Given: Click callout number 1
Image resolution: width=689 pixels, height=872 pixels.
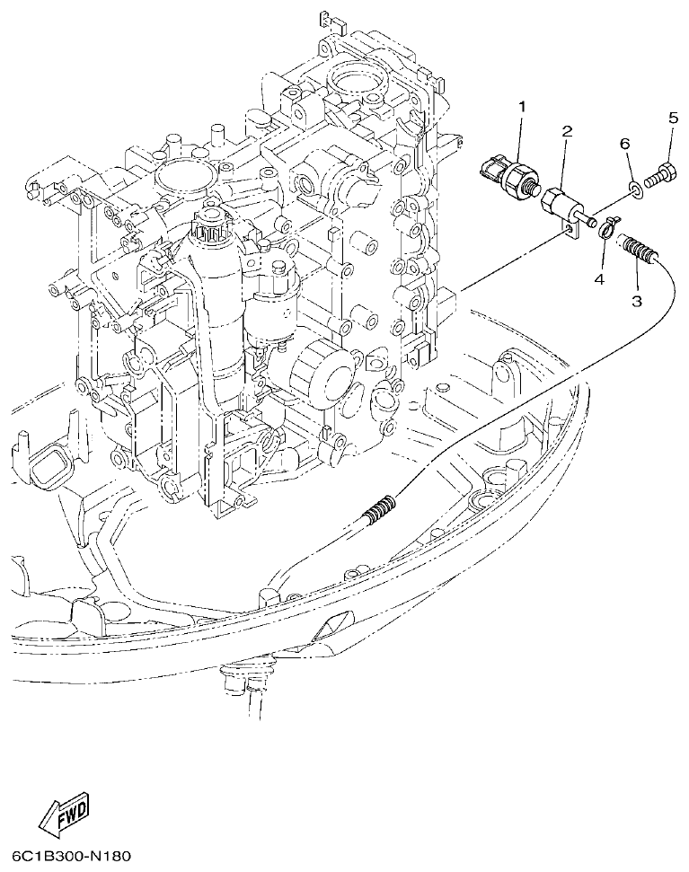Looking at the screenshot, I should click(520, 109).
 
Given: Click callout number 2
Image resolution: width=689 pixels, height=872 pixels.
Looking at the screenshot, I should click(567, 132).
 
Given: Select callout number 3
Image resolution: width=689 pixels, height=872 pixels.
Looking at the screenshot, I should click(636, 301).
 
